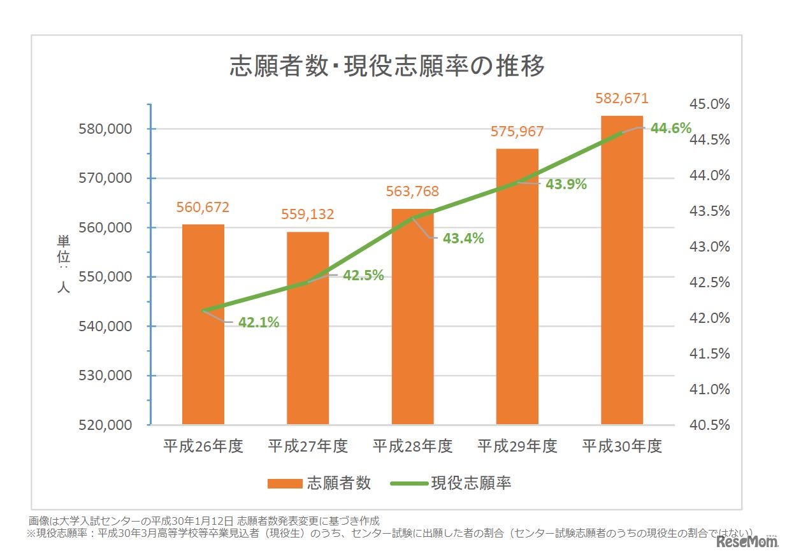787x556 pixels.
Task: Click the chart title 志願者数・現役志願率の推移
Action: [x=387, y=66]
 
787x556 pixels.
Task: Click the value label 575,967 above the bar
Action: [x=517, y=132]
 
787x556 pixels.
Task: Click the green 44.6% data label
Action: [x=670, y=128]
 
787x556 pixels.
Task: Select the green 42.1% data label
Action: [x=259, y=322]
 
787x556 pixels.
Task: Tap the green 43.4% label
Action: [x=463, y=239]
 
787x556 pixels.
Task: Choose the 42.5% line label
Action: [x=363, y=275]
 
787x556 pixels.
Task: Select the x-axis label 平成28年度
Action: [x=412, y=446]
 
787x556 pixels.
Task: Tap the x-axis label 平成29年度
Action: [x=517, y=446]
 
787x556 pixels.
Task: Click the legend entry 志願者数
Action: [x=319, y=483]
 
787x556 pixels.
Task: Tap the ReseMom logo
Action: [x=747, y=542]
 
